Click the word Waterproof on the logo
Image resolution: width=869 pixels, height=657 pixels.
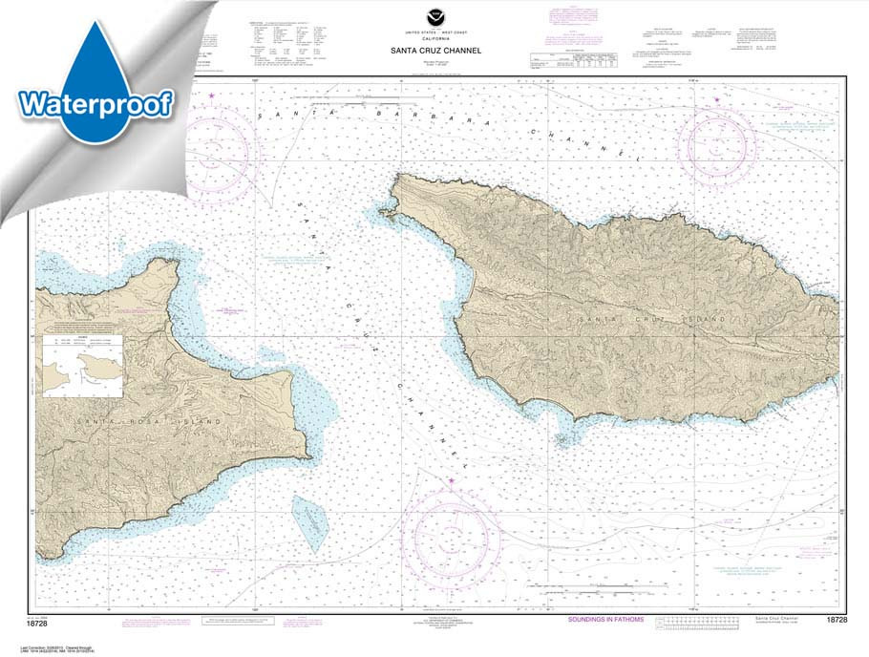[95, 103]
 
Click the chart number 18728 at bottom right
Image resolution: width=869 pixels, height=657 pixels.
[836, 621]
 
